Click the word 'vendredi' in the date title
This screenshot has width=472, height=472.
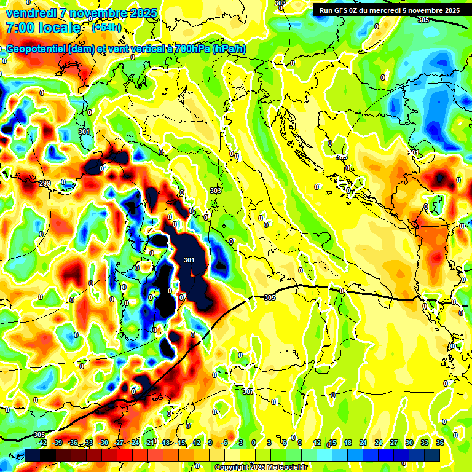tap(29, 12)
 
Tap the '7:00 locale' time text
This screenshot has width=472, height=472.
tap(43, 28)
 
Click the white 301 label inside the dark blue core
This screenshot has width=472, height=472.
tap(189, 260)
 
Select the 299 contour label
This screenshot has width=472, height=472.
tap(45, 183)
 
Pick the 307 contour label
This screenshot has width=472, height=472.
tap(248, 391)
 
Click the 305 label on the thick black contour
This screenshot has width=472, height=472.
tap(269, 297)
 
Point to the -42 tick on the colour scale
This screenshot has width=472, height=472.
tap(42, 442)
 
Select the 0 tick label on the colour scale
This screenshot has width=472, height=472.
tap(254, 442)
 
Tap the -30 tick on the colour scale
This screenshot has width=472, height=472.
tap(103, 442)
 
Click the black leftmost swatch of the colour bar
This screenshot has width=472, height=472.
tap(33, 455)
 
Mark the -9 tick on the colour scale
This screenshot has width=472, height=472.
tap(209, 442)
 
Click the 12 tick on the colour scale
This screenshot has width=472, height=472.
tap(317, 442)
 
